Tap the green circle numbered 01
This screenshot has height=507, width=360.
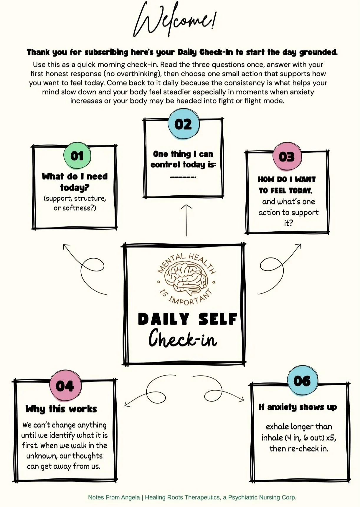(x=77, y=156)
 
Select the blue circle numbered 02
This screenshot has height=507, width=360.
(x=183, y=124)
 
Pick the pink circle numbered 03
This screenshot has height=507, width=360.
(x=286, y=157)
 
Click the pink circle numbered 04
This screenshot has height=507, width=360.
(x=65, y=386)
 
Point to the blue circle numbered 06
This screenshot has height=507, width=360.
(x=302, y=381)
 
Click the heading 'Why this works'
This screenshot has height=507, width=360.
(x=61, y=409)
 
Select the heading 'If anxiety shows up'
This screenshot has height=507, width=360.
(x=298, y=407)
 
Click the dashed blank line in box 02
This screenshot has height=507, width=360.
(x=183, y=177)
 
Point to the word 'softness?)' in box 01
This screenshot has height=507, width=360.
(x=79, y=208)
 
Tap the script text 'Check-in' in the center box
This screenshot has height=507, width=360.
(x=183, y=339)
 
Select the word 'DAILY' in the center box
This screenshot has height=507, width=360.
(x=163, y=319)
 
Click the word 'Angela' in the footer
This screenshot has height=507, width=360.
(x=131, y=497)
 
